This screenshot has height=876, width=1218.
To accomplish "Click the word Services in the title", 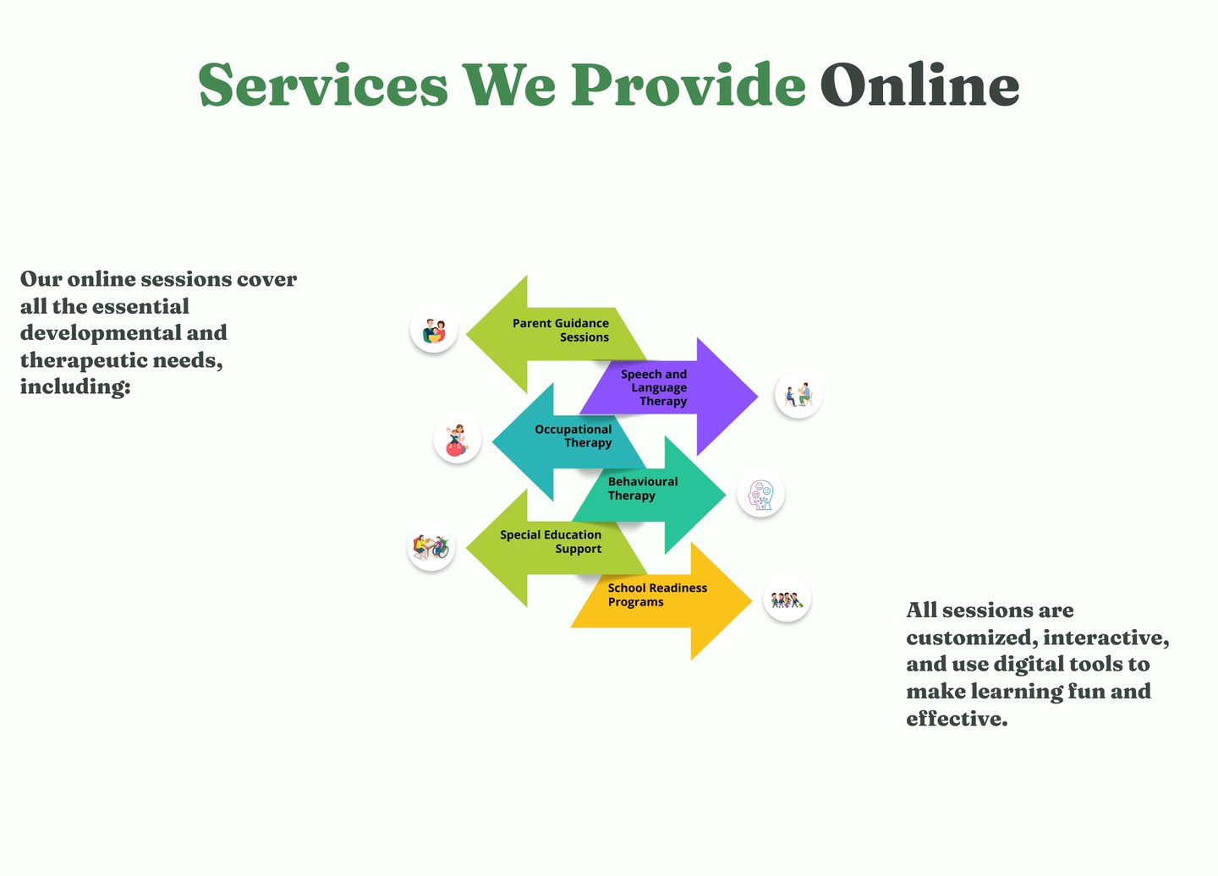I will [x=323, y=85].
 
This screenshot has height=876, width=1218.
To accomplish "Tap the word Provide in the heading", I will [x=688, y=85].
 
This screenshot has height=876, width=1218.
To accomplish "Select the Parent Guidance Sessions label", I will [x=561, y=330].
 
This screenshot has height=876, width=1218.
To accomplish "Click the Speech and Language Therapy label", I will [x=655, y=387].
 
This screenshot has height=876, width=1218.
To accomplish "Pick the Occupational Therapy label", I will [x=573, y=435].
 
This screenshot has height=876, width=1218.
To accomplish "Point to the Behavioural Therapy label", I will [x=642, y=488].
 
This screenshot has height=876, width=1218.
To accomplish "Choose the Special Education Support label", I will [x=551, y=541].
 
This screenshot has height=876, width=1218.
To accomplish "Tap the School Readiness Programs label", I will [x=656, y=594].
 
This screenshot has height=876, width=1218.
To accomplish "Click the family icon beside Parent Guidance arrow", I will [x=434, y=330].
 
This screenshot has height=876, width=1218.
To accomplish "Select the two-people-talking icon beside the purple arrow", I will [x=798, y=395].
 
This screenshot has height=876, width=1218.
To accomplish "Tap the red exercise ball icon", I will [x=457, y=441].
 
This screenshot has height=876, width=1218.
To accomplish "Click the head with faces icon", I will [x=760, y=495].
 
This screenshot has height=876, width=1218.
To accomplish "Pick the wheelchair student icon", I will [x=431, y=547].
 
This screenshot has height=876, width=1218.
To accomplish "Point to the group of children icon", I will [x=786, y=600].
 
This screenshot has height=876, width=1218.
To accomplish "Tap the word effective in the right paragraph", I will [x=956, y=719].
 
